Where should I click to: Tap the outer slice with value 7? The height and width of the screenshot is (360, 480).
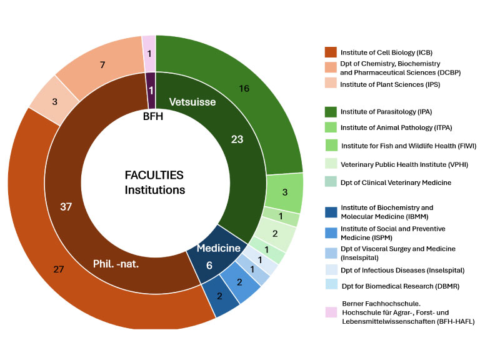click(x=102, y=65)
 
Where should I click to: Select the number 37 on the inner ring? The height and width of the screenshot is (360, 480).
click(x=65, y=206)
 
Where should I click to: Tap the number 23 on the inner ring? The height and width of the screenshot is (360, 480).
click(x=237, y=139)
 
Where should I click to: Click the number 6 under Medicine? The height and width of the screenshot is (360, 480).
click(x=209, y=265)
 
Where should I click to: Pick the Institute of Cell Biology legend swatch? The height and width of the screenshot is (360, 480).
click(x=331, y=52)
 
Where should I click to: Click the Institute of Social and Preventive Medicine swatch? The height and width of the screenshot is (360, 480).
click(x=331, y=232)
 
